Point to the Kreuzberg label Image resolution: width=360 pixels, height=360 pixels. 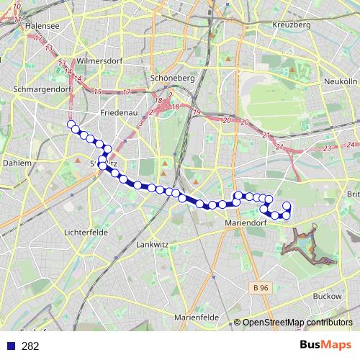[292, 24]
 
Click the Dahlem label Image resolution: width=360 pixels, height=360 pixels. [17, 163]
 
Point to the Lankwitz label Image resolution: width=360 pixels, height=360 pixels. [152, 245]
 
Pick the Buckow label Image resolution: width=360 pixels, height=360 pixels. [327, 296]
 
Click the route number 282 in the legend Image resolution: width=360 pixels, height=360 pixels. [30, 346]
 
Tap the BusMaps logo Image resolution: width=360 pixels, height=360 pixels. [325, 346]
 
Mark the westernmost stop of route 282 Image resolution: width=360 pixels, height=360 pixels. [71, 124]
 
